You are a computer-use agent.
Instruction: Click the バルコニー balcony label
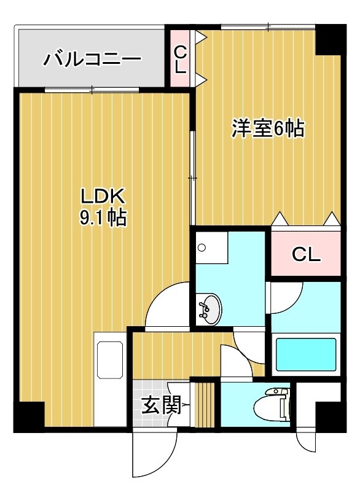[92, 60]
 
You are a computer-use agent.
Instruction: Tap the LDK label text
[103, 196]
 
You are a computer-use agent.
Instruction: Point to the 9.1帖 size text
[103, 218]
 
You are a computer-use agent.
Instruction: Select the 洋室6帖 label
[268, 128]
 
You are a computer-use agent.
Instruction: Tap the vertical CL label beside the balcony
[181, 59]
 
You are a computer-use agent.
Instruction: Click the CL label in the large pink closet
[306, 254]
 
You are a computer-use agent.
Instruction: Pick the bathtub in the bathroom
[306, 354]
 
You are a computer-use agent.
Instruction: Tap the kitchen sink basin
[110, 360]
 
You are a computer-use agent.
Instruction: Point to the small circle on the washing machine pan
[202, 248]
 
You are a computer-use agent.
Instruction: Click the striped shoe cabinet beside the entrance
[205, 404]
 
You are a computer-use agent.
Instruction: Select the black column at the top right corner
[331, 39]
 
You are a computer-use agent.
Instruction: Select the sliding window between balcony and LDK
[92, 90]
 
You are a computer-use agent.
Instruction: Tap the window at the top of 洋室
[268, 27]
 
